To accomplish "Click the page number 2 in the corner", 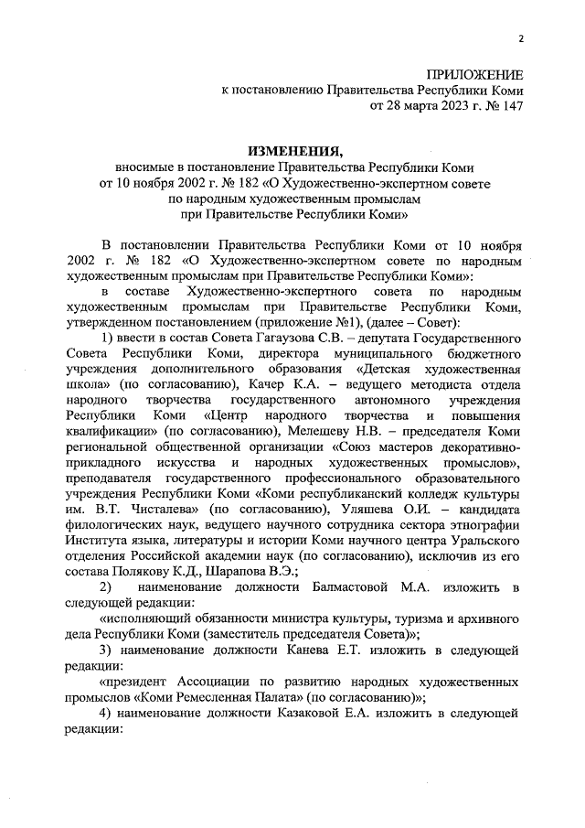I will (521, 38).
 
